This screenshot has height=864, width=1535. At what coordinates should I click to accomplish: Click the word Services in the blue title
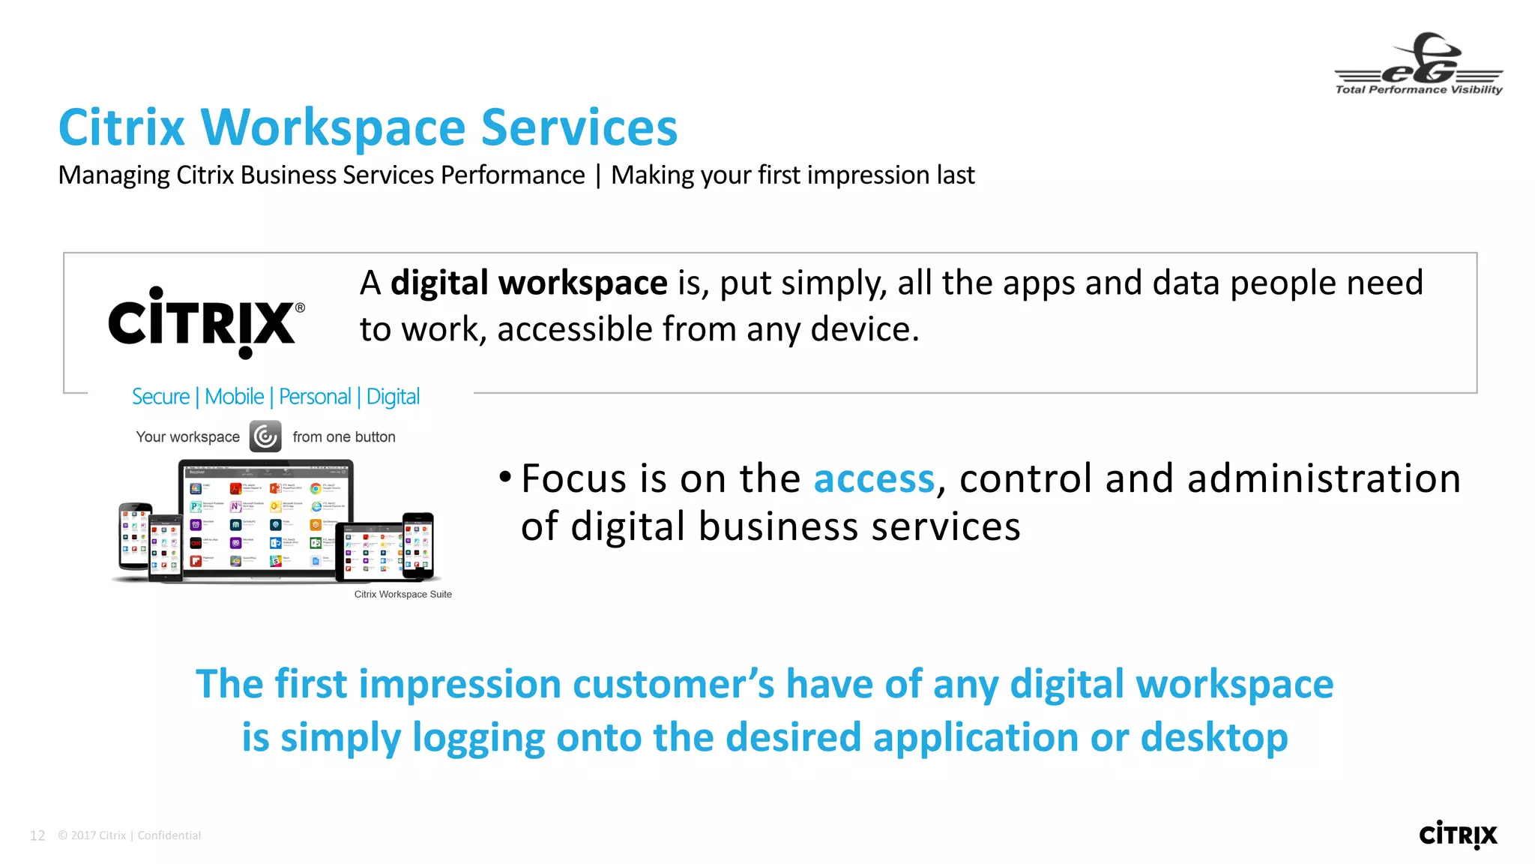tap(579, 127)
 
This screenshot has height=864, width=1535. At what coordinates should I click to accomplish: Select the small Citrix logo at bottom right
tap(1458, 835)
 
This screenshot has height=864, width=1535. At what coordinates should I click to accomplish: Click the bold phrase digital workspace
tap(528, 283)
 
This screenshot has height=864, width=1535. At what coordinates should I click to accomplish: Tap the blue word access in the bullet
tap(874, 478)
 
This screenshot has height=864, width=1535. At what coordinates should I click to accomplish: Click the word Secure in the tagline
tap(160, 397)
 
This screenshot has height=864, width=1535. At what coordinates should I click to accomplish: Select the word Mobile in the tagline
tap(234, 397)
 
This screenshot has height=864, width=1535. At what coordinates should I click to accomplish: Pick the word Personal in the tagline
tap(315, 397)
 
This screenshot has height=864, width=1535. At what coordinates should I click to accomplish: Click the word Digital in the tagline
tap(393, 397)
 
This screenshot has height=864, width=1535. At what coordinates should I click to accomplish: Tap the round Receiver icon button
tap(265, 436)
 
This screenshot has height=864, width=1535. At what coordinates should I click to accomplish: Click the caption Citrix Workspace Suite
tap(402, 594)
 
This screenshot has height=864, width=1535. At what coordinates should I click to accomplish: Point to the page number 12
tap(37, 835)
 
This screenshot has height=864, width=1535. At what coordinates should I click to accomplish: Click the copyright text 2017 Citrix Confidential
tap(129, 835)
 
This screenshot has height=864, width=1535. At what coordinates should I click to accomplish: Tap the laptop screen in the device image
tap(266, 517)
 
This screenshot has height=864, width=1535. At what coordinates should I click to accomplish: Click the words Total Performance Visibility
tap(1419, 89)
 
